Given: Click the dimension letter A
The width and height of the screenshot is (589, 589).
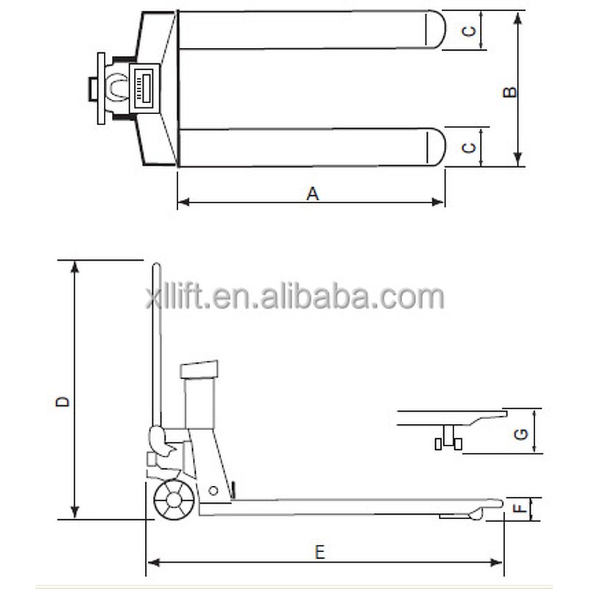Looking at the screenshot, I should (x=312, y=193).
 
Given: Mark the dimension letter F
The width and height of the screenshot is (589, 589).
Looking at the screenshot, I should (x=519, y=507).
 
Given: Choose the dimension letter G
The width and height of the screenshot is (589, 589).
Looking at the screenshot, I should (x=520, y=434).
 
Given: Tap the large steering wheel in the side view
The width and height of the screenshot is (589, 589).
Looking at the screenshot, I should (x=172, y=502).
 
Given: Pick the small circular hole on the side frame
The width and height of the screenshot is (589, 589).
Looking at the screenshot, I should (x=213, y=491).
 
